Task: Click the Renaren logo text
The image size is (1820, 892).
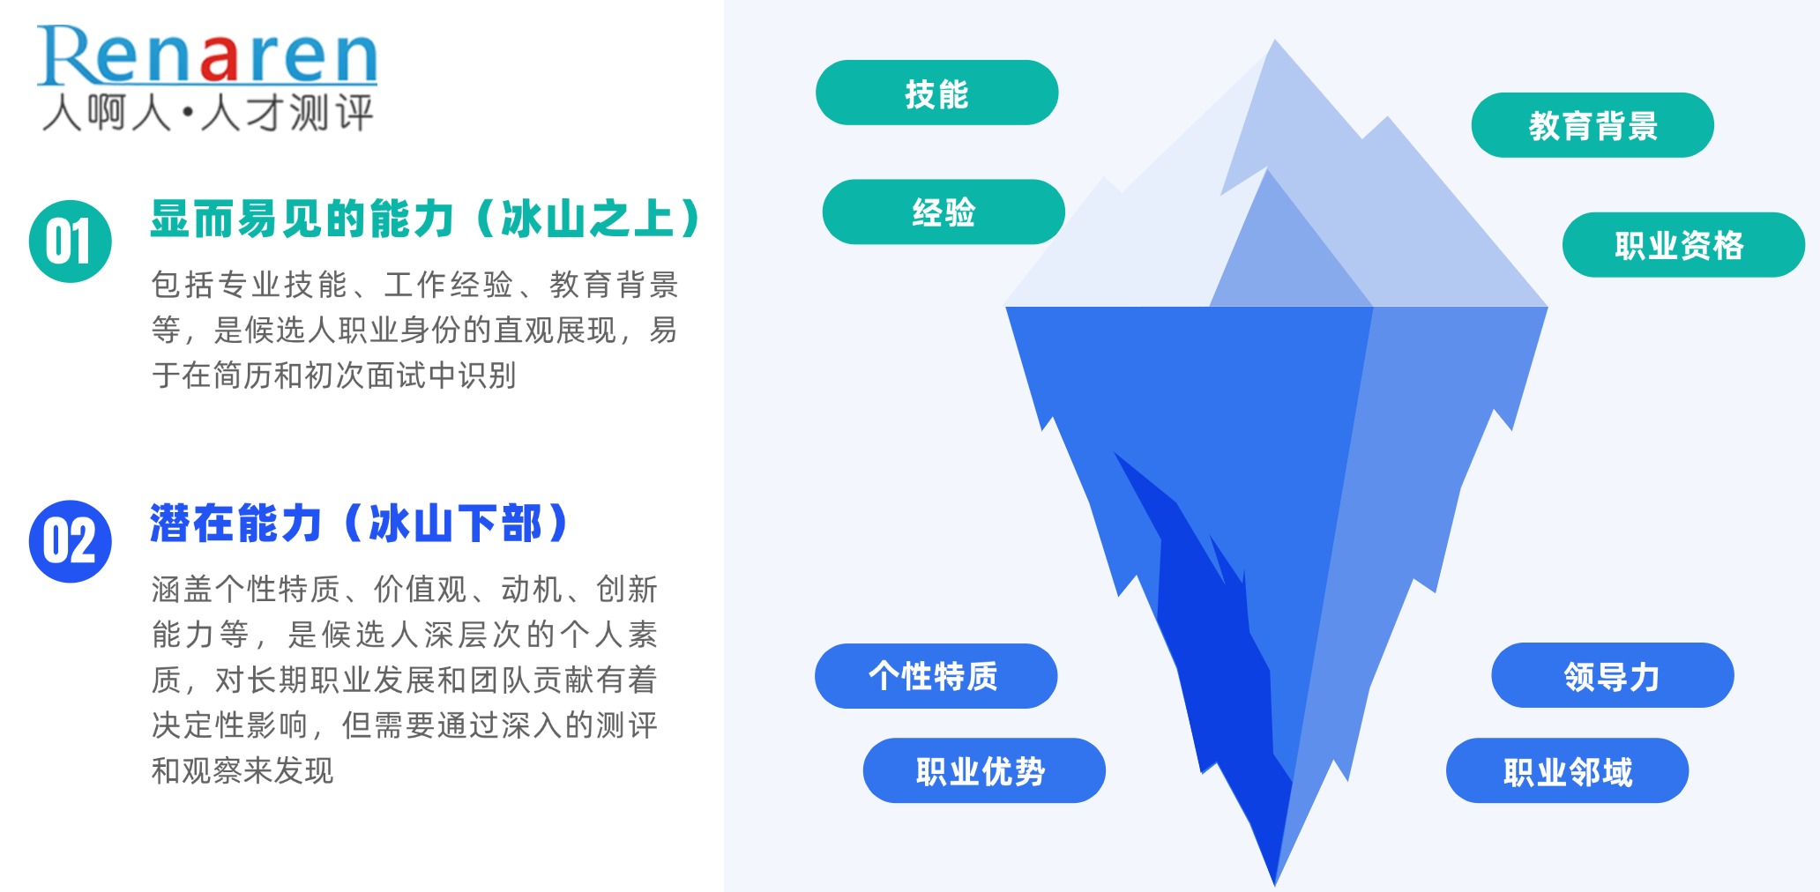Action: click(x=207, y=55)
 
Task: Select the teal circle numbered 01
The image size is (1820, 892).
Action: click(x=71, y=242)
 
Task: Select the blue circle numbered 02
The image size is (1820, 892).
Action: click(x=71, y=541)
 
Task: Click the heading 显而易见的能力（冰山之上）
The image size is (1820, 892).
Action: click(x=426, y=219)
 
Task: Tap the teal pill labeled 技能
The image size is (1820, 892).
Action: click(x=936, y=93)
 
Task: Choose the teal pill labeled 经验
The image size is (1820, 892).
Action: click(x=944, y=212)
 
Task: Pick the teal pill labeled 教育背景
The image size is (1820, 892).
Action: click(x=1592, y=125)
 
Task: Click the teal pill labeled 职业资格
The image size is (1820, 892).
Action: click(x=1683, y=245)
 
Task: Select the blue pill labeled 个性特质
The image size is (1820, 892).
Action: click(x=936, y=676)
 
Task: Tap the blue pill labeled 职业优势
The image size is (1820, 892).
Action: click(x=984, y=770)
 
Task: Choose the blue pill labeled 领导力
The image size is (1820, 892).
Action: click(x=1613, y=675)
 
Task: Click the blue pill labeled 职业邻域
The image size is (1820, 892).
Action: click(x=1567, y=770)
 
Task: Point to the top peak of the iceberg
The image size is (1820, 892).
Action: click(x=1275, y=41)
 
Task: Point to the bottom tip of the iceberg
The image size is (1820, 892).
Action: click(x=1275, y=883)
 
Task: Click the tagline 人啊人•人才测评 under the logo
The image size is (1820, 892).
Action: click(x=208, y=113)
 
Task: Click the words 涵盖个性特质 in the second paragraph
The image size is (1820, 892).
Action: click(x=246, y=589)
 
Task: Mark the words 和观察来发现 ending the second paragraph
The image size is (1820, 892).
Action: click(x=242, y=770)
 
